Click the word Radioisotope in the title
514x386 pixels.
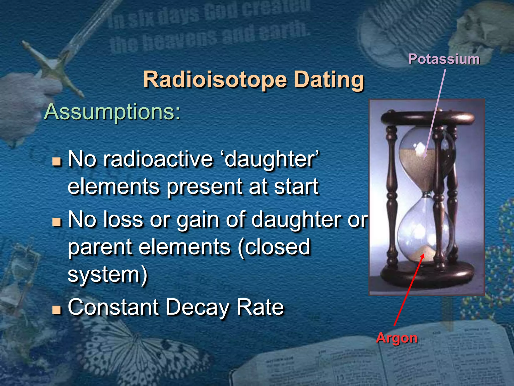coord(215,80)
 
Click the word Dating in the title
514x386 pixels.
coord(329,80)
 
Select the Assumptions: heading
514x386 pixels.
coord(112,112)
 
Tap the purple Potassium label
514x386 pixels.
coord(444,59)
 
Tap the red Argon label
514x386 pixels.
coord(397,338)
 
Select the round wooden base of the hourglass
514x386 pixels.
coord(427,275)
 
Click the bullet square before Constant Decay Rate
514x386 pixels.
coord(57,310)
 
